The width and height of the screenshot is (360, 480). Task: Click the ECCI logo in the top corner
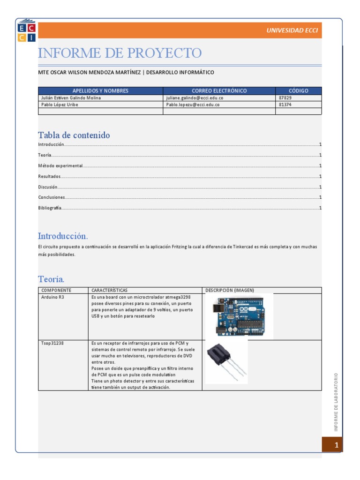[26, 30]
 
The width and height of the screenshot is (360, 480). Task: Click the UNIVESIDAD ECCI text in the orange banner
[292, 30]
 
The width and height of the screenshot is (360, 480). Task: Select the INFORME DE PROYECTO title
[120, 53]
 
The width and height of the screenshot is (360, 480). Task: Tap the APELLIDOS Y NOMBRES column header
[100, 91]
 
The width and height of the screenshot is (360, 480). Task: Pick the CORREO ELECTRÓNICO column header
[219, 91]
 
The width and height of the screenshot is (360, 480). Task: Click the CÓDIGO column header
[298, 91]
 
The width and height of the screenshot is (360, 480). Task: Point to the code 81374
[285, 105]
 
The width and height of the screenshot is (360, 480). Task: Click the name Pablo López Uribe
[60, 105]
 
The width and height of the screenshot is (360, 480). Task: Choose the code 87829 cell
[285, 98]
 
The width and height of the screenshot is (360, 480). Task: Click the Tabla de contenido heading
[74, 135]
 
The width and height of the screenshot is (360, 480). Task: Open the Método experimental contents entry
[60, 166]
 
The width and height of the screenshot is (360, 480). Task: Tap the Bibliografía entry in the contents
[50, 208]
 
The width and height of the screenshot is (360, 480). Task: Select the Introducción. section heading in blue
[63, 236]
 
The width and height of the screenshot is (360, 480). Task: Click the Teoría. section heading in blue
[51, 279]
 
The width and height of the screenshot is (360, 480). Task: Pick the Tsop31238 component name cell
[52, 344]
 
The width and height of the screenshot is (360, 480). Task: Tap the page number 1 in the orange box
[336, 445]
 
